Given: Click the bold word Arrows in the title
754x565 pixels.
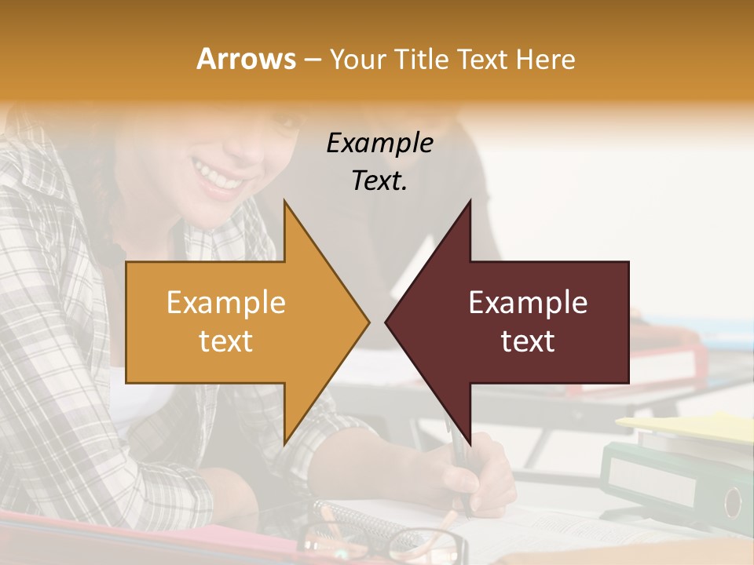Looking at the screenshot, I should [246, 60].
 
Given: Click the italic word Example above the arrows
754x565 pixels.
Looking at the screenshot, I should [379, 144].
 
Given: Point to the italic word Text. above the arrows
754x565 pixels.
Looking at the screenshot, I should [379, 181].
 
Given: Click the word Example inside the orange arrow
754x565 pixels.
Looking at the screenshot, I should [226, 303].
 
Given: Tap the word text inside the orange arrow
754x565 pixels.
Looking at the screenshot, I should [226, 341].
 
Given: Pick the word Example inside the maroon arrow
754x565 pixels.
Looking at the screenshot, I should [528, 303].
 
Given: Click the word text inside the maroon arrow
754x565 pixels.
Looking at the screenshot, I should [528, 341].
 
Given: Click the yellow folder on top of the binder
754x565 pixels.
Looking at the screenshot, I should [691, 428].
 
